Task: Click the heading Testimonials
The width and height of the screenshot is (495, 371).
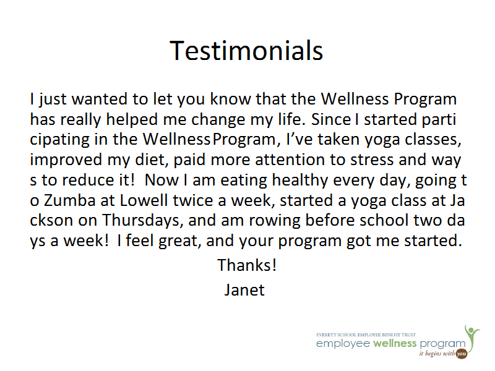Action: pyautogui.click(x=246, y=51)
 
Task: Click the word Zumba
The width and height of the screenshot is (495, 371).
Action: pyautogui.click(x=69, y=200)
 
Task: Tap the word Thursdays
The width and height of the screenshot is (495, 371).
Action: pyautogui.click(x=142, y=221)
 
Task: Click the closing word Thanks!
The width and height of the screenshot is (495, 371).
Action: pyautogui.click(x=247, y=265)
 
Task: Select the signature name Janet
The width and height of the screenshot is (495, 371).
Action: pyautogui.click(x=244, y=289)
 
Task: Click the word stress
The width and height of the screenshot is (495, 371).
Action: pyautogui.click(x=372, y=160)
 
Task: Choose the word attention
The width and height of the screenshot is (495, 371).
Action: pyautogui.click(x=290, y=160)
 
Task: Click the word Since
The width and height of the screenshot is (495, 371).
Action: pyautogui.click(x=331, y=119)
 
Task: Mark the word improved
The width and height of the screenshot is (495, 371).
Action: pyautogui.click(x=66, y=160)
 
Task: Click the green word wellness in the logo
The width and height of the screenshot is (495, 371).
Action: pyautogui.click(x=395, y=343)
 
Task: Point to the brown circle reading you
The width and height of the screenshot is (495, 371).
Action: pyautogui.click(x=462, y=354)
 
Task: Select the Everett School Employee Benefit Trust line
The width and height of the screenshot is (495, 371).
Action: pyautogui.click(x=366, y=335)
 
